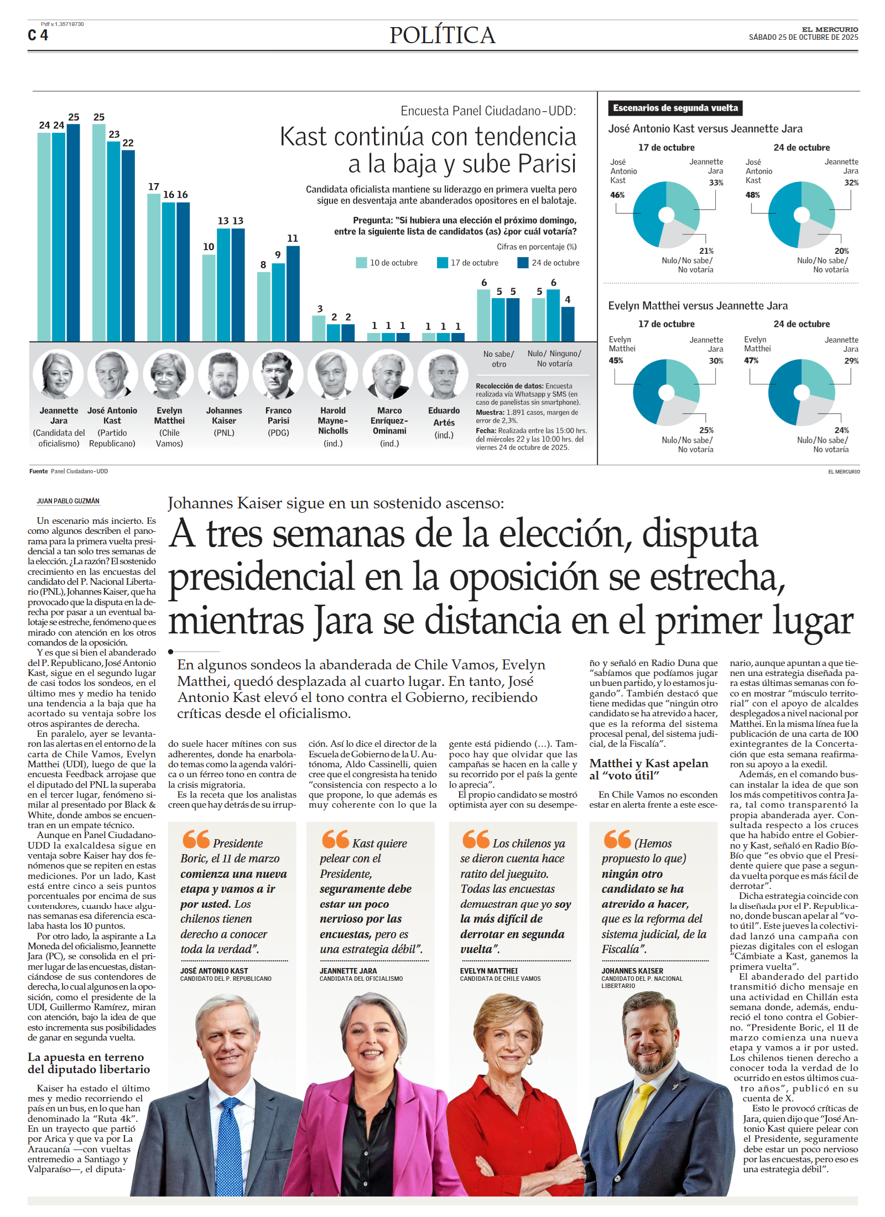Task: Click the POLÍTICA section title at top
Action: [x=442, y=35]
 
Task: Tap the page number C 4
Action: [x=38, y=35]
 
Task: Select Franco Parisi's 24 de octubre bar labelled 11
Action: [x=293, y=293]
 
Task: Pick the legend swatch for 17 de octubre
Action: [x=442, y=263]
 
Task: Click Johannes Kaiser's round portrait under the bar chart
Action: [x=223, y=375]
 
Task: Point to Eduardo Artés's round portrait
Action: [x=443, y=375]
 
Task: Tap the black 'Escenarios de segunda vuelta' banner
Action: [x=675, y=108]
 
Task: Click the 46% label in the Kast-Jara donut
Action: [x=617, y=195]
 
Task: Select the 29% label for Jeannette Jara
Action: [x=851, y=361]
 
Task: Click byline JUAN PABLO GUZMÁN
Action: [x=68, y=501]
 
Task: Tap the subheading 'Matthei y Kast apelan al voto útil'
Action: [x=648, y=769]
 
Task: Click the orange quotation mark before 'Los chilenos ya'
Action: [x=476, y=839]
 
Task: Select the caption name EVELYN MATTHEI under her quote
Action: [x=489, y=971]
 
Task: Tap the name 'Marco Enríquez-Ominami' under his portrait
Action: [x=389, y=420]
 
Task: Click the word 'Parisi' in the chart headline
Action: [x=544, y=164]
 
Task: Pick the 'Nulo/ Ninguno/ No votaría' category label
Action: [x=554, y=358]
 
